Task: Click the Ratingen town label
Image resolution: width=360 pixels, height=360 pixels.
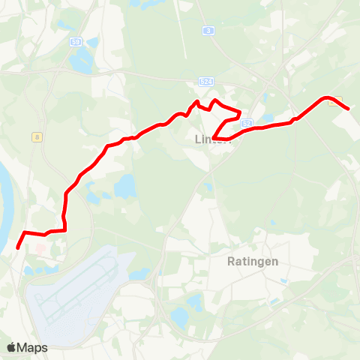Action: (x=252, y=262)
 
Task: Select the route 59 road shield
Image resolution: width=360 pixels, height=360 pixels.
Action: (x=75, y=43)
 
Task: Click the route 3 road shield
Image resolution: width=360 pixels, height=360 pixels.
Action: (x=208, y=30)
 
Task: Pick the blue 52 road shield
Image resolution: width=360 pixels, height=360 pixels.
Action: (x=247, y=121)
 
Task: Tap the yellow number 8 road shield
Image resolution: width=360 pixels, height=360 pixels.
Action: (x=37, y=136)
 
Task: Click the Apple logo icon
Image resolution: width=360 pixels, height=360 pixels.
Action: (x=11, y=347)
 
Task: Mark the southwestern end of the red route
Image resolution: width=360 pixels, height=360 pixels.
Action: (x=18, y=245)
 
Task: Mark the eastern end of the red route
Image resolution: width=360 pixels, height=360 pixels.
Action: (x=349, y=109)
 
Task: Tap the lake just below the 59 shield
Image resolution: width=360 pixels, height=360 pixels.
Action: (x=79, y=61)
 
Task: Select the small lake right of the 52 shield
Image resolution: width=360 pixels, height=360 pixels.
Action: (x=268, y=118)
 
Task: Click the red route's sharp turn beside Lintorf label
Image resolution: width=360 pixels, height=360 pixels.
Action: (x=214, y=138)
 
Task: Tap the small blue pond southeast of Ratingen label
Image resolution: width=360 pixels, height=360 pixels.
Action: (x=283, y=282)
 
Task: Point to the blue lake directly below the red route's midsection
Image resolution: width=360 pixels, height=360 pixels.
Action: (x=125, y=184)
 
